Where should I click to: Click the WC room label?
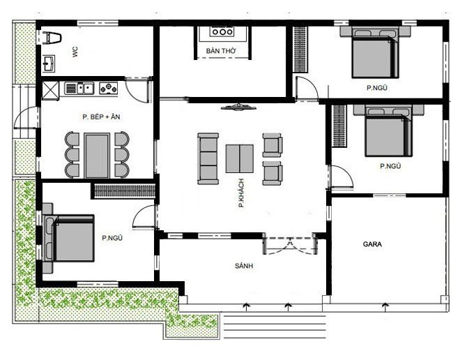pos(74,51)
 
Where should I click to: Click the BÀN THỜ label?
pos(220,52)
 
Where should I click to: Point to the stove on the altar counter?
pos(221,32)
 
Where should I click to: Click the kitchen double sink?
pos(84,88)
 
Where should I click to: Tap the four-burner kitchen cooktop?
pos(109,88)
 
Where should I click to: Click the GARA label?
pos(371,245)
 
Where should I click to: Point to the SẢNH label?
pos(243,266)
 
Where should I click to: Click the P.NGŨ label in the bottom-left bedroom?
pos(112,237)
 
